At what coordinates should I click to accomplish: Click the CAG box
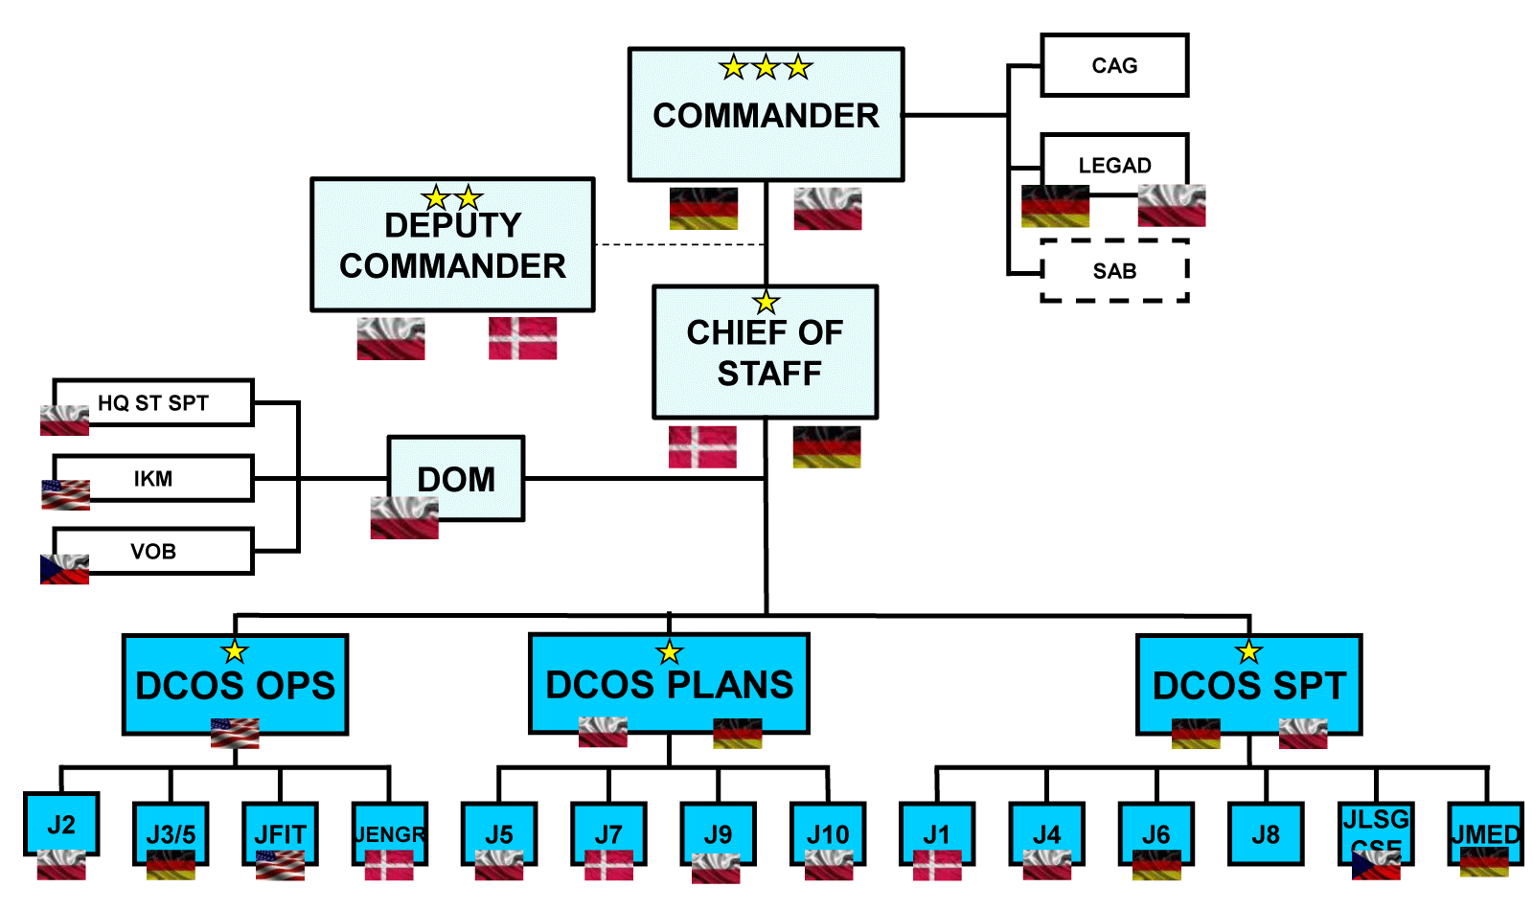point(1114,65)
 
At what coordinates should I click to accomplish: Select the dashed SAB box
point(1114,271)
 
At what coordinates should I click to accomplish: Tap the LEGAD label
point(1114,165)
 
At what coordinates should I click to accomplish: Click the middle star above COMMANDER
point(766,68)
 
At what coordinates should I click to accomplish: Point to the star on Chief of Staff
point(766,303)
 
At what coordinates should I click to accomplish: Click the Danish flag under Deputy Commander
point(522,338)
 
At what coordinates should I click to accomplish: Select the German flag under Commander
point(703,208)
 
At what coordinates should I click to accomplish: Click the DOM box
point(456,478)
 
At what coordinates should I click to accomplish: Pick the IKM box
point(153,478)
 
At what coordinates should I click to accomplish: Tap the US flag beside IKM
point(65,494)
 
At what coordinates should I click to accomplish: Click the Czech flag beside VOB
point(64,569)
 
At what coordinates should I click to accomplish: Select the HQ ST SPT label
point(153,403)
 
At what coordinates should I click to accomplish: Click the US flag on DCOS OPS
point(235,733)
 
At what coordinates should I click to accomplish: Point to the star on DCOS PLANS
point(670,653)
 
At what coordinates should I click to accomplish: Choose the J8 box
point(1266,834)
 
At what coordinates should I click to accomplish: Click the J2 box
point(61,824)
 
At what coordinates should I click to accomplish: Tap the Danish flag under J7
point(608,865)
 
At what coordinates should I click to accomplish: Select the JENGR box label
point(389,834)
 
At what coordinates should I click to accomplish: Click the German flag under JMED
point(1484,862)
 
